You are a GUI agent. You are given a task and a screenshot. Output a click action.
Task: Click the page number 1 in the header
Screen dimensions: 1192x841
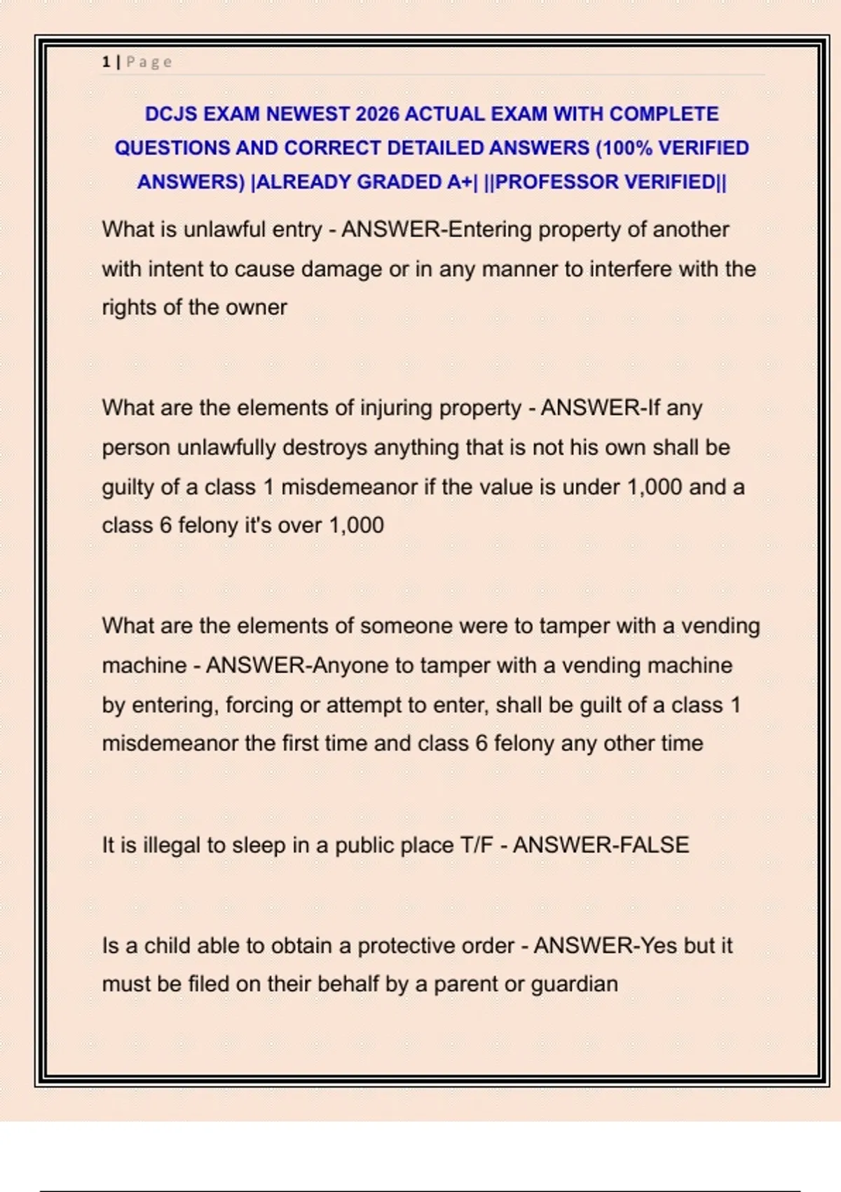tap(106, 62)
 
